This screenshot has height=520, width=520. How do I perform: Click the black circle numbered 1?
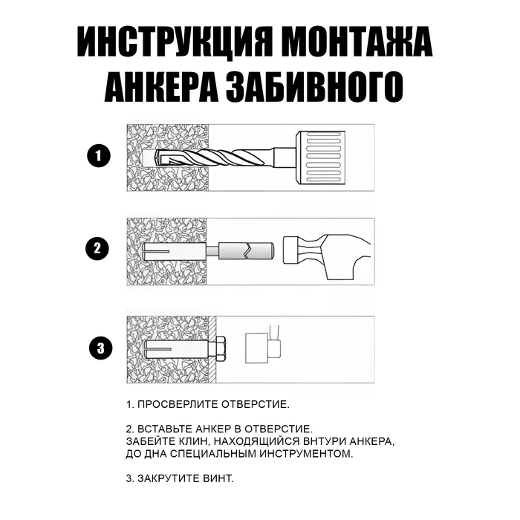click(x=98, y=157)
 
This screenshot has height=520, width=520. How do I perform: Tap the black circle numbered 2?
click(x=98, y=248)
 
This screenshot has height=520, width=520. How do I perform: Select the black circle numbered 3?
click(x=98, y=347)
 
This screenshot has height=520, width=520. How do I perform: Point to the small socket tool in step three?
click(x=259, y=347)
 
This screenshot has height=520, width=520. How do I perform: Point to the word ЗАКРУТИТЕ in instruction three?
click(x=170, y=477)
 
